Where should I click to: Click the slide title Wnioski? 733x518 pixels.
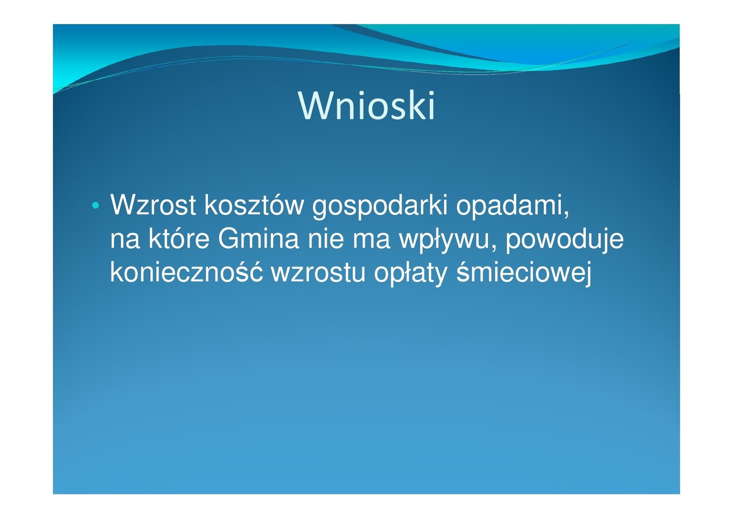pyautogui.click(x=366, y=106)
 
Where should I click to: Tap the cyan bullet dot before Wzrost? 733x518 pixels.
pyautogui.click(x=95, y=205)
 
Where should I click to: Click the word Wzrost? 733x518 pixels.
pyautogui.click(x=153, y=205)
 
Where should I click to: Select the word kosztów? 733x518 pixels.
pyautogui.click(x=254, y=205)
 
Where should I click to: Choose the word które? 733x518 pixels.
pyautogui.click(x=178, y=238)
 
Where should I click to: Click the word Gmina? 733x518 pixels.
pyautogui.click(x=259, y=238)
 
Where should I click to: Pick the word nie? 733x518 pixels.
pyautogui.click(x=326, y=238)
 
